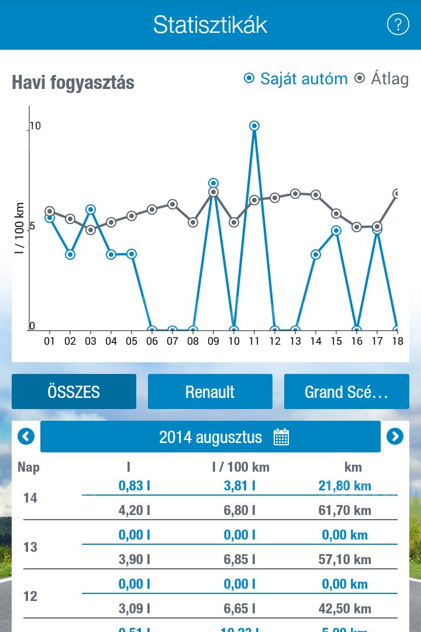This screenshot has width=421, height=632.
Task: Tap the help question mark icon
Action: tap(398, 25)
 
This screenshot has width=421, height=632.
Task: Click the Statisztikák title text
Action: tap(210, 25)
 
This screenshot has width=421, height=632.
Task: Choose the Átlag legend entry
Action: tap(382, 78)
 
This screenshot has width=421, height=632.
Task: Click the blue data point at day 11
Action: tap(254, 126)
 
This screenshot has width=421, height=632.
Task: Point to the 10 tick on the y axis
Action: tap(35, 126)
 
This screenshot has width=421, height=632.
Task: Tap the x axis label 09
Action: tap(213, 341)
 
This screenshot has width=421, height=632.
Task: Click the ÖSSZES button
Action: tap(74, 391)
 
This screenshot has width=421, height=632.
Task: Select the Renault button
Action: tap(210, 391)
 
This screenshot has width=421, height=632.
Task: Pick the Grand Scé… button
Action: tap(347, 391)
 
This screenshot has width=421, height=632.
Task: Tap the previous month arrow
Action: tap(26, 437)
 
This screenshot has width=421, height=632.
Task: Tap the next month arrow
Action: tap(395, 437)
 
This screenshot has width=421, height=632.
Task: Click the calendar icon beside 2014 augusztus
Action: tap(281, 437)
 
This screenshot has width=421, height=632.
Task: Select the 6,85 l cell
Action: tap(239, 559)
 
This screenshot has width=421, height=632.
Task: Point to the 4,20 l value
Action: tap(134, 510)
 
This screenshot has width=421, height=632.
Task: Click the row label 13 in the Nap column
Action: tap(30, 547)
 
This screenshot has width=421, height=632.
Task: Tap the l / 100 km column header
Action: tap(240, 467)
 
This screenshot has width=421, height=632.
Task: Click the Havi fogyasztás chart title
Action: tap(73, 83)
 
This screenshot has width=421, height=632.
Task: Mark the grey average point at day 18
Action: tap(398, 194)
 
